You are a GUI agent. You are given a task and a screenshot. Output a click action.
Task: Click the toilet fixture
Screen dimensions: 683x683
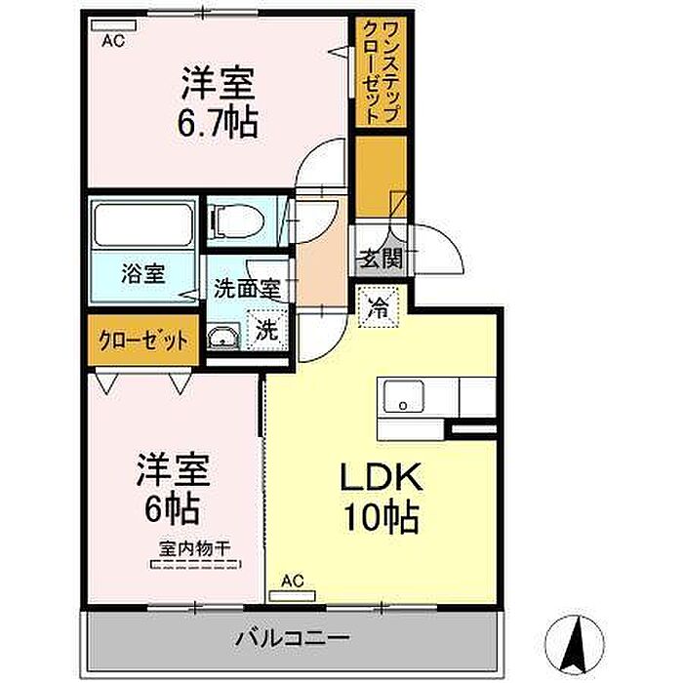[236, 221]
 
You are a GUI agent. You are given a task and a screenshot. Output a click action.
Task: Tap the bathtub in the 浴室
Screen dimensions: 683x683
[143, 225]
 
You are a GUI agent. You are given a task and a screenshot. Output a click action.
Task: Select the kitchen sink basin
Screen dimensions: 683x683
[403, 396]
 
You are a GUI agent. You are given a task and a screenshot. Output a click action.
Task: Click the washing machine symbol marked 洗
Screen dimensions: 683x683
[267, 330]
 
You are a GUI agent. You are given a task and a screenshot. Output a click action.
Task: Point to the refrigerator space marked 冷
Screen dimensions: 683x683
[379, 307]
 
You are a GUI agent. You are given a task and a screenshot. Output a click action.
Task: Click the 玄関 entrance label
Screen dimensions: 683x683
[381, 260]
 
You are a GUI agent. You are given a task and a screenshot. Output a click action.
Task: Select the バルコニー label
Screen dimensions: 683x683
[293, 638]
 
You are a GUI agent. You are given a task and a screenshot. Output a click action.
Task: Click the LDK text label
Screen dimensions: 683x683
[382, 477]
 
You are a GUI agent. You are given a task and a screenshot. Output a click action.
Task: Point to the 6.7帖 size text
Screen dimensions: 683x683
[218, 122]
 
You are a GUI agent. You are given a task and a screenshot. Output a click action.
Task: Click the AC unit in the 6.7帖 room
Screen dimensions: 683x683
[114, 25]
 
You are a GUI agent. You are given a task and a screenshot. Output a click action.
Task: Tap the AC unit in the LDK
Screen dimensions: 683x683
[293, 596]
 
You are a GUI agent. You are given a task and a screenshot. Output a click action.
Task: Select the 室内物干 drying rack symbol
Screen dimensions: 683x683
[195, 565]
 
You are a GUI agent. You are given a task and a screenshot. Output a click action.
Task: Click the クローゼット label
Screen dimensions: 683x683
[143, 341]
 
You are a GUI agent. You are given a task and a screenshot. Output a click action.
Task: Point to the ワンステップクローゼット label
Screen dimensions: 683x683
[382, 72]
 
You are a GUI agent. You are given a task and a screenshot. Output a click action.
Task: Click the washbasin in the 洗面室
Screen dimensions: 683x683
[223, 337]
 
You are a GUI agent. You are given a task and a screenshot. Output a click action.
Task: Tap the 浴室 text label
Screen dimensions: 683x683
[143, 274]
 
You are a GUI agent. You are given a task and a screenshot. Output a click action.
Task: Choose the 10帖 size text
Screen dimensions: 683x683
[382, 517]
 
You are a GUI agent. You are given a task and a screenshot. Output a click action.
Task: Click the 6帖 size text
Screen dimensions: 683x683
[173, 508]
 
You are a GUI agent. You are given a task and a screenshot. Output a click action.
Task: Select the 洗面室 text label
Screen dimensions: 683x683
[247, 289]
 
